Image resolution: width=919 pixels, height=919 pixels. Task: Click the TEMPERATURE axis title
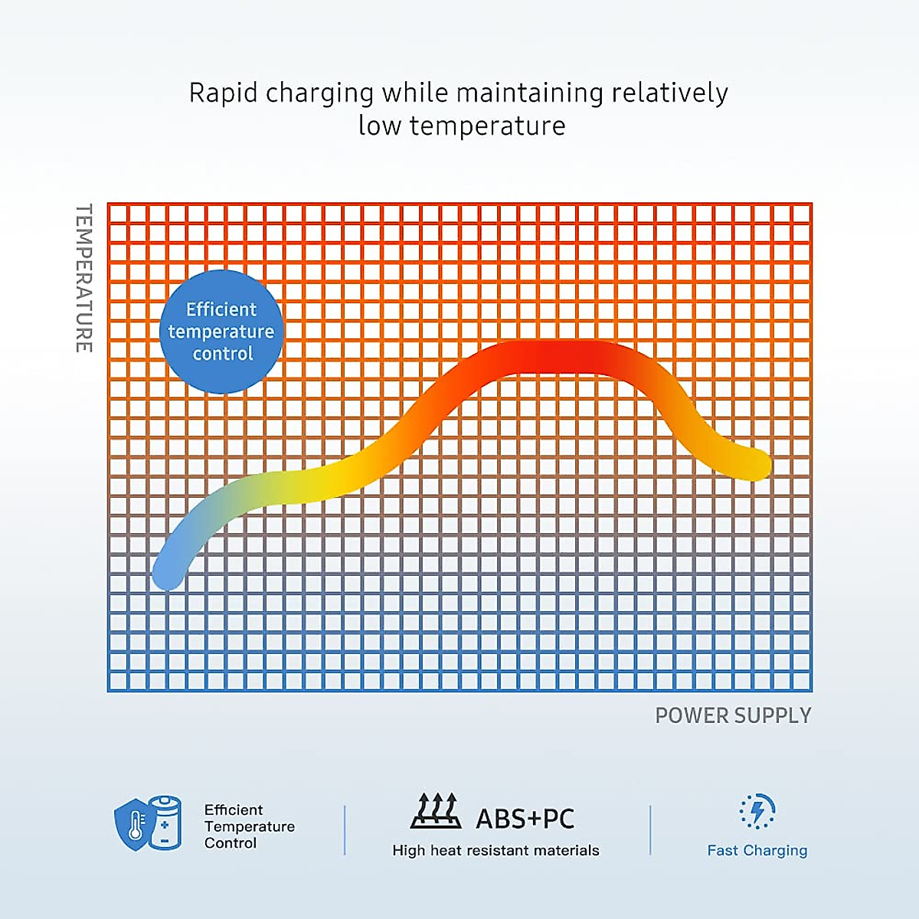pos(84,278)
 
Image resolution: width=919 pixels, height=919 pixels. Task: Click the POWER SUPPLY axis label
pos(733,715)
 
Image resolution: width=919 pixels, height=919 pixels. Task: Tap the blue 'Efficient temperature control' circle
pos(221,332)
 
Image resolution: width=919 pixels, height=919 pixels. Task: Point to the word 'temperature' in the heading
pos(487,126)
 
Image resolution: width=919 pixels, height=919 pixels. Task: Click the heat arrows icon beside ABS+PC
pos(436,811)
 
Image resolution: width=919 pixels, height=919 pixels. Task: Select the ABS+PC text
pos(525,819)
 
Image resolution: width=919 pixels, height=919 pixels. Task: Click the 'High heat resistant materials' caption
pos(495,850)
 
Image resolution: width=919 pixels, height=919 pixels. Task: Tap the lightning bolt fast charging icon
pos(757,811)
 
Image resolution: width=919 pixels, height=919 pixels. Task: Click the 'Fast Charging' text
pos(757,850)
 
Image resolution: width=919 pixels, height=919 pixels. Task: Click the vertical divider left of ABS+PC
pos(345,829)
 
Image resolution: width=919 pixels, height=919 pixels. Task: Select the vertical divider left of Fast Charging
pos(650,829)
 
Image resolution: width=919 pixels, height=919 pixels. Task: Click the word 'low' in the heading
pos(379,126)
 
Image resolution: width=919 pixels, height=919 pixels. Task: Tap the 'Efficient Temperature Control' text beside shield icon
pos(249,826)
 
